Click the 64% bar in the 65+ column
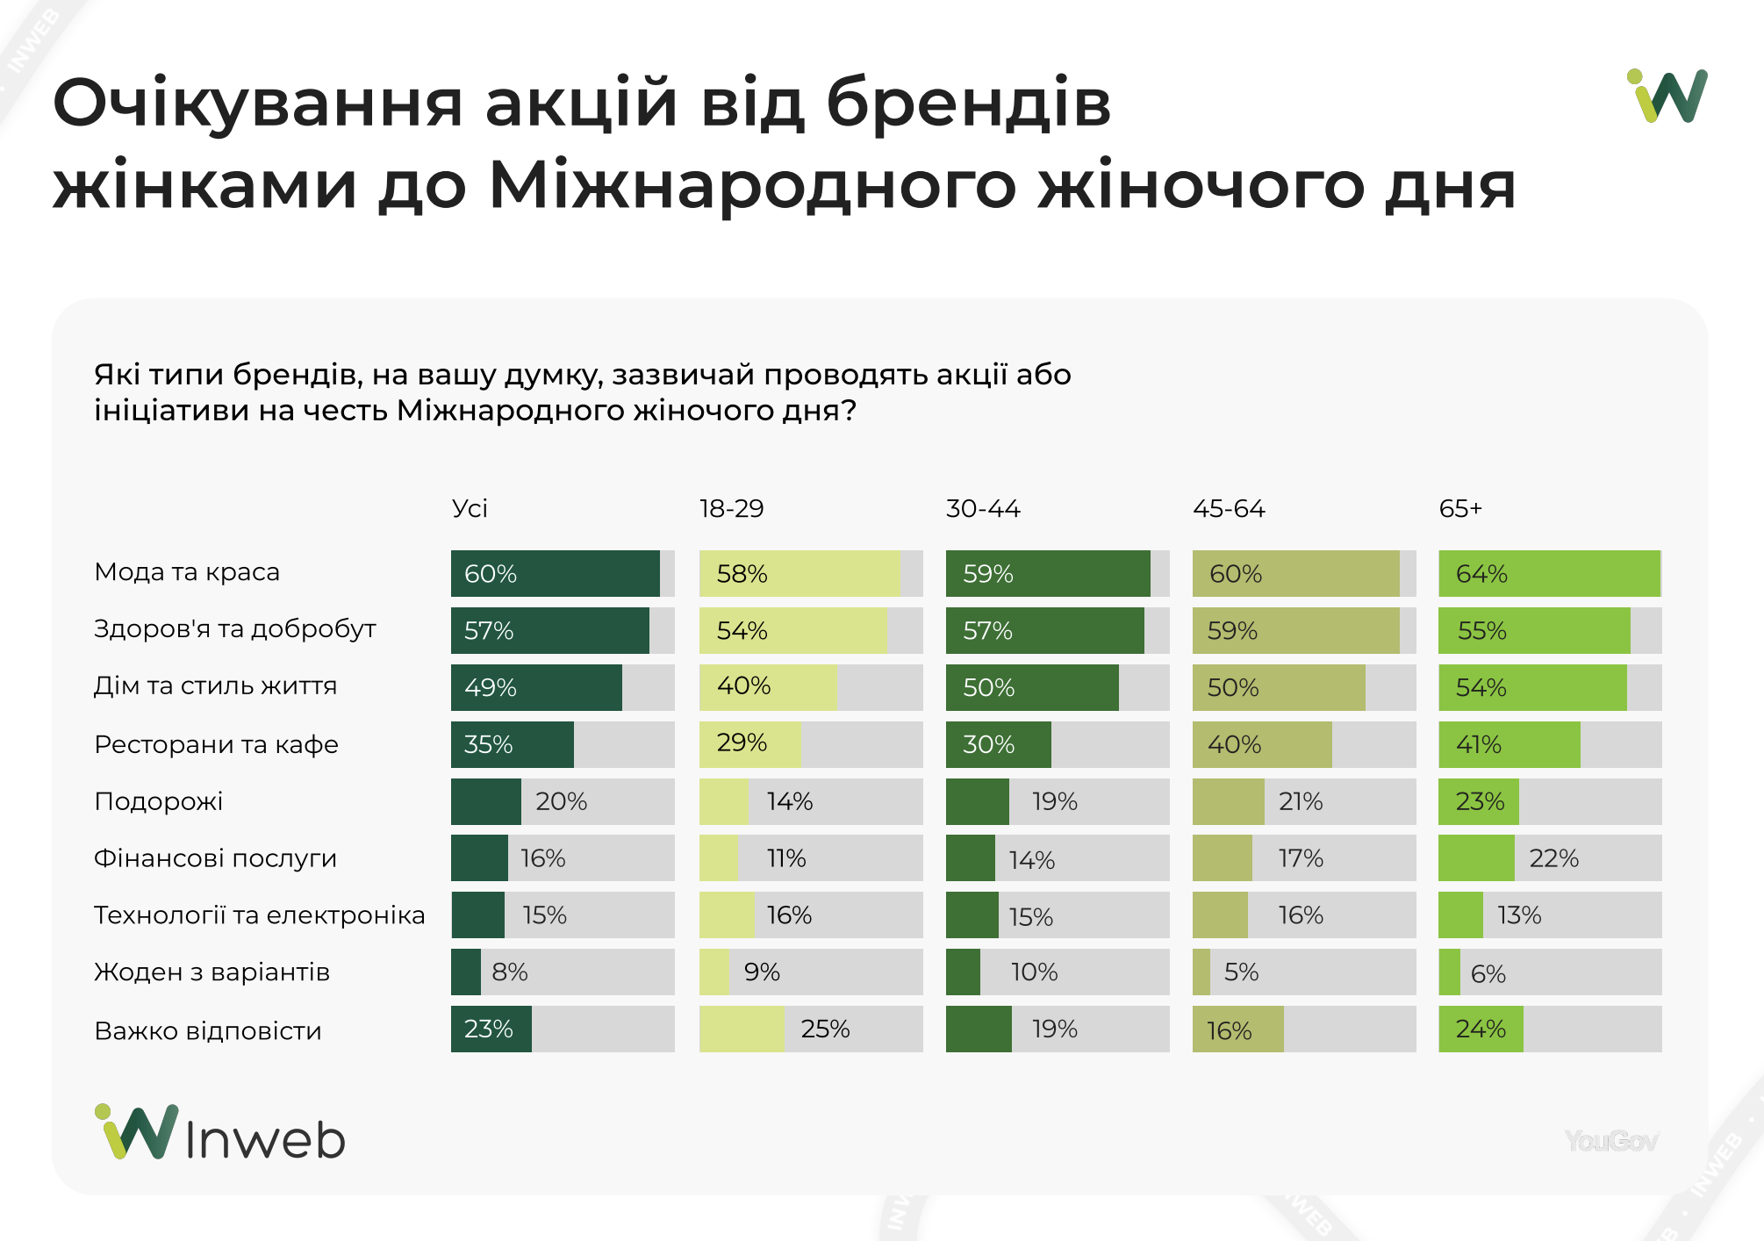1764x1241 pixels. coord(1549,574)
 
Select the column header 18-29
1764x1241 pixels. coord(731,509)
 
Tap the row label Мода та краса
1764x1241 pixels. coord(187,572)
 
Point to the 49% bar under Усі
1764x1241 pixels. coord(536,687)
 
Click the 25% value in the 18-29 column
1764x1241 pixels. coord(825,1029)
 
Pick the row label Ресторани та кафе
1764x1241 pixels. coord(216,745)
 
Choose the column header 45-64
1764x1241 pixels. coord(1229,509)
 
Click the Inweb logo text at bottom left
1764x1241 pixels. coord(265,1139)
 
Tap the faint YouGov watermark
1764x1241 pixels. coord(1611,1141)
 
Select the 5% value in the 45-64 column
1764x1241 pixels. coord(1241,972)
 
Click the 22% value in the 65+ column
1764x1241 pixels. coord(1553,858)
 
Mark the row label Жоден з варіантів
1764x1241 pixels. coord(212,972)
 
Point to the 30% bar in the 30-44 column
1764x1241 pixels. coord(998,745)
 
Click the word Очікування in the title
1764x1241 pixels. coord(256,104)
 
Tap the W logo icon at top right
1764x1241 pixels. coord(1667,96)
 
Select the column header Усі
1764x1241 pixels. coord(470,509)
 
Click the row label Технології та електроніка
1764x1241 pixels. coord(259,915)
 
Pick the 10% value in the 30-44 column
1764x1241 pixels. coord(1034,972)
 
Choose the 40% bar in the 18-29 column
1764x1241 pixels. coord(767,687)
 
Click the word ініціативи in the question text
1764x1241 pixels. coord(171,411)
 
